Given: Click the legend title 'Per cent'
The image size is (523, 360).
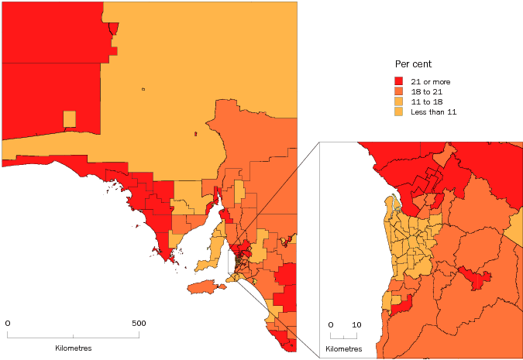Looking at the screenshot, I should point(413,63).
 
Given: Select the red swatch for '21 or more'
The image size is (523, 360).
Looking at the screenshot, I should point(399,81).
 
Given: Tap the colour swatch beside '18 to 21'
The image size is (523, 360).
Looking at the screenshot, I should point(399,91).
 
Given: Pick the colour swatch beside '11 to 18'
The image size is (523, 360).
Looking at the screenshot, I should point(399,102).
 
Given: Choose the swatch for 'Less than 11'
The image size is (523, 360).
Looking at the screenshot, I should point(399,112).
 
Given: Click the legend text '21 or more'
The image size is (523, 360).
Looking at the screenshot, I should point(430,81).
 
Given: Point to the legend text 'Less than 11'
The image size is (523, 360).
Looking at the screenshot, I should point(433,112).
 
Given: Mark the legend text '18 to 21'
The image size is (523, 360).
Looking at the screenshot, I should point(426,91).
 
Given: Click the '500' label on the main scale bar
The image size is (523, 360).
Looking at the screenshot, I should point(138,323).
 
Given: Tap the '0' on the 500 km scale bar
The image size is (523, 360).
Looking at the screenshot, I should point(8,323).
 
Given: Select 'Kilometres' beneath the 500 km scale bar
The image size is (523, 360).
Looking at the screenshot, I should point(73,348).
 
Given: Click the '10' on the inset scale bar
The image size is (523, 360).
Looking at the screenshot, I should point(356,324).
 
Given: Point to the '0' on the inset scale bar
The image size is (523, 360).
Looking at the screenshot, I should point(331,324).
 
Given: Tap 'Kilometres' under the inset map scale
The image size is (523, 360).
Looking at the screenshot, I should point(343,349).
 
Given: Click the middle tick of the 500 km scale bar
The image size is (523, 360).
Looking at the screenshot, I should point(74,335).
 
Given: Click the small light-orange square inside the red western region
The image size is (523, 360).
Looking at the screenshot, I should point(70,118).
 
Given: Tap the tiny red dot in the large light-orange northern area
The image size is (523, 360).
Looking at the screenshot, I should point(195,134).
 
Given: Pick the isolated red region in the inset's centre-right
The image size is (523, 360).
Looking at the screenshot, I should point(474,276).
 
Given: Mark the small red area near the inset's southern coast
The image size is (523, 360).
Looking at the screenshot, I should point(401,309).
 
